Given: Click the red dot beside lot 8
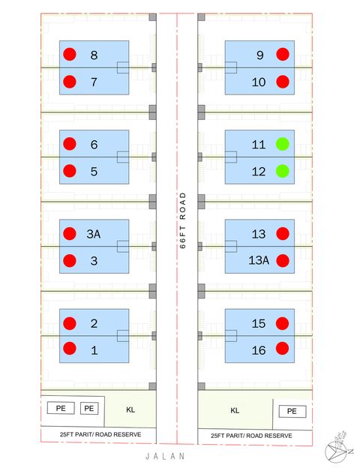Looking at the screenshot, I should click(70, 54).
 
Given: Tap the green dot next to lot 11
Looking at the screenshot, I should click(283, 144).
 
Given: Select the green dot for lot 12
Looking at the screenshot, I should click(283, 171).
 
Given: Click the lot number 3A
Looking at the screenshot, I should click(94, 234).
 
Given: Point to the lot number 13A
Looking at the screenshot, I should click(259, 261).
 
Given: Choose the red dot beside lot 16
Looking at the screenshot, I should click(283, 348).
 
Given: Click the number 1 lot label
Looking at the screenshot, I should click(94, 350).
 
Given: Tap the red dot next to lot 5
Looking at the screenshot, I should click(70, 171).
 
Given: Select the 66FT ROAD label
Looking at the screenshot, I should click(182, 225).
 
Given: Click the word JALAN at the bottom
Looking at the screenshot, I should click(166, 455).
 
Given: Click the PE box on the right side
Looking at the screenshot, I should click(292, 411).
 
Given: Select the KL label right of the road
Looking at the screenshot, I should click(235, 410).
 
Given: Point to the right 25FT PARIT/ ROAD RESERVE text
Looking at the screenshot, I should click(250, 435).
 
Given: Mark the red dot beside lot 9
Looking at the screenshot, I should click(283, 54).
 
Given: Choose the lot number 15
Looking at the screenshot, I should click(259, 324).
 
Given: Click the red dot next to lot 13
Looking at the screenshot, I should click(283, 234).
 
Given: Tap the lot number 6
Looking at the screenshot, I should click(94, 144).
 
